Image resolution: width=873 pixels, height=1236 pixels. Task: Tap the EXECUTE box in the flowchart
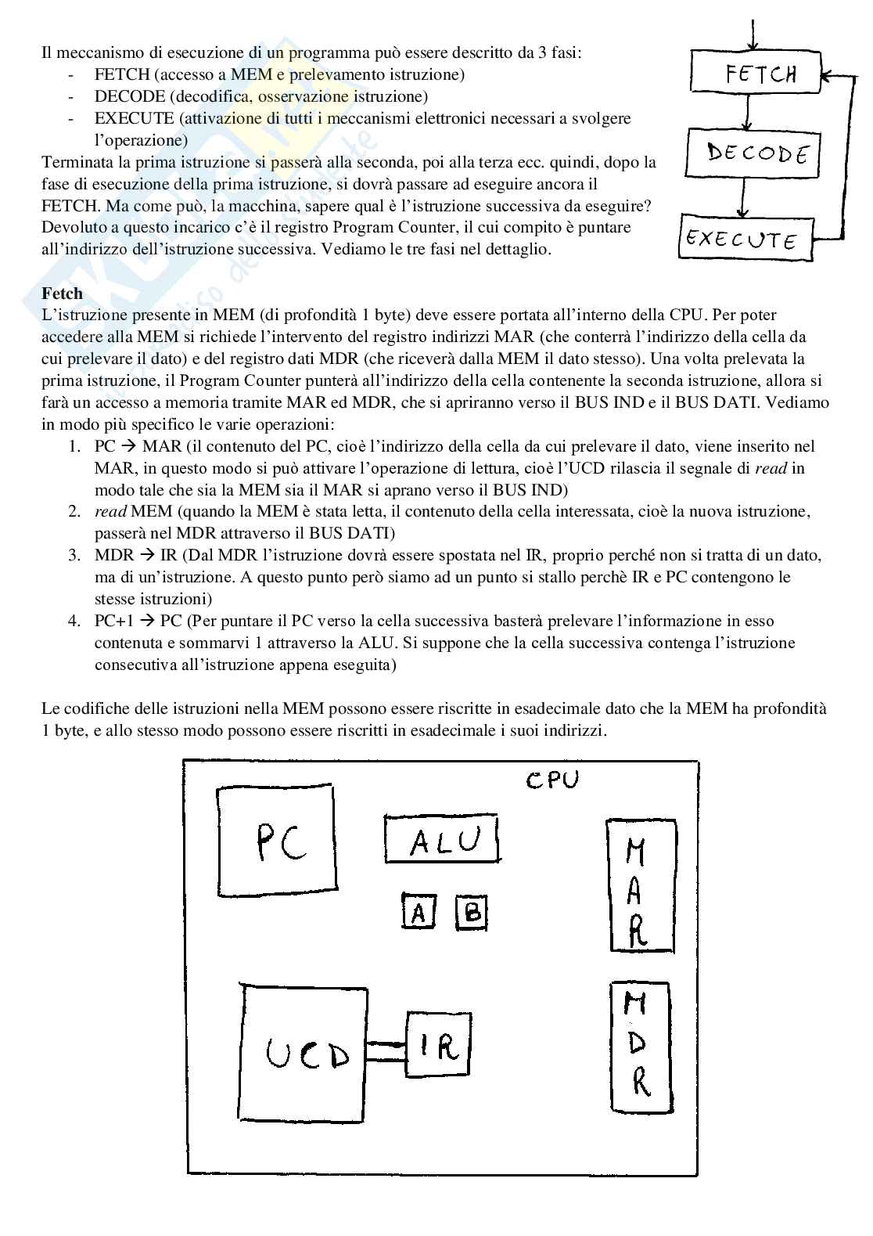[745, 238]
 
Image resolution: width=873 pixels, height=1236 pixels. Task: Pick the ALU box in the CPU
[442, 838]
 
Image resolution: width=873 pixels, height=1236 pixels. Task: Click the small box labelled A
[419, 911]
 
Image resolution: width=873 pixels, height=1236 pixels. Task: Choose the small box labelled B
[472, 911]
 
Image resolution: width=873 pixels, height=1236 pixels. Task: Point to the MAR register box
[639, 885]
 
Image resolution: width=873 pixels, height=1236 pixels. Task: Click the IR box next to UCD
[438, 1044]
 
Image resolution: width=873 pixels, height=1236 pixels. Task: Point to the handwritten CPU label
[551, 780]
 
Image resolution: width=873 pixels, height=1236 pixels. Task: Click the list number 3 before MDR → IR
[74, 555]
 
